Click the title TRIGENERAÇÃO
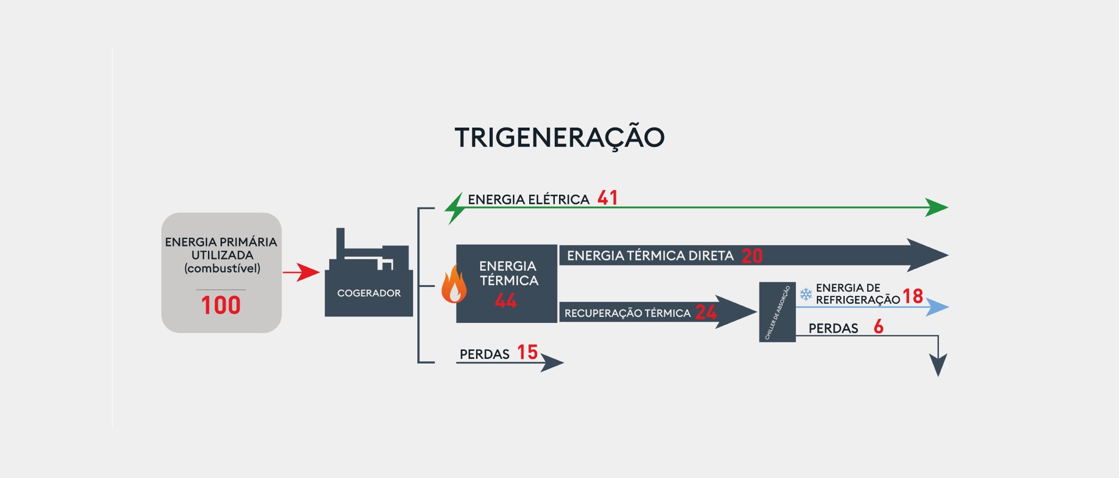coord(559,138)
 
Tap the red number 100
coord(221,305)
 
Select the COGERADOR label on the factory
coord(369,293)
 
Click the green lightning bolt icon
coord(455,208)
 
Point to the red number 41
coord(607,198)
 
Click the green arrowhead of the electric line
coord(937,208)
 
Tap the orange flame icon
coord(454,285)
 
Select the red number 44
coord(506,301)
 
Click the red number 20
coord(752,256)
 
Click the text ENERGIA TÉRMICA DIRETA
coord(650,256)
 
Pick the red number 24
coord(706,312)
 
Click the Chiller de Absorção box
coord(777,312)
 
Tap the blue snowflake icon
coord(805,294)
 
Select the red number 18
coord(913,296)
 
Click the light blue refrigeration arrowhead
coord(937,307)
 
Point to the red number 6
coord(878,327)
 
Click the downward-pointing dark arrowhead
coord(938,365)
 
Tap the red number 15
coord(527,352)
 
